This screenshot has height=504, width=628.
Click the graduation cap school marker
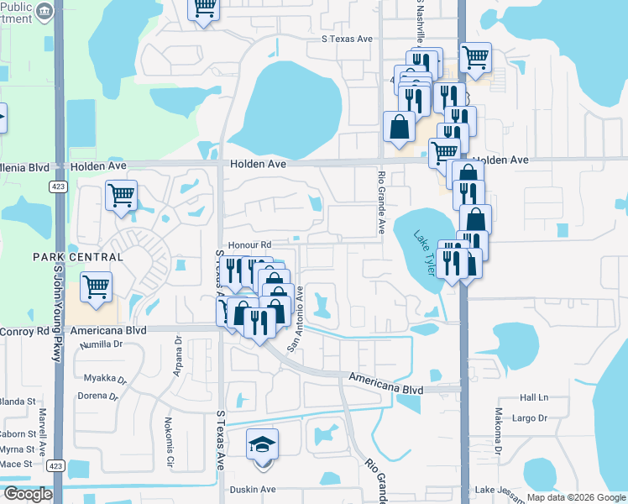261,444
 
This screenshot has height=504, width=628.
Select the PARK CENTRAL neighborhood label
71,255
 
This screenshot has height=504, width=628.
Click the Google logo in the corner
27,494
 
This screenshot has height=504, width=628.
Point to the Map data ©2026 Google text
576,498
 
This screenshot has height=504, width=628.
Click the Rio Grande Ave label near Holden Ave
381,202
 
